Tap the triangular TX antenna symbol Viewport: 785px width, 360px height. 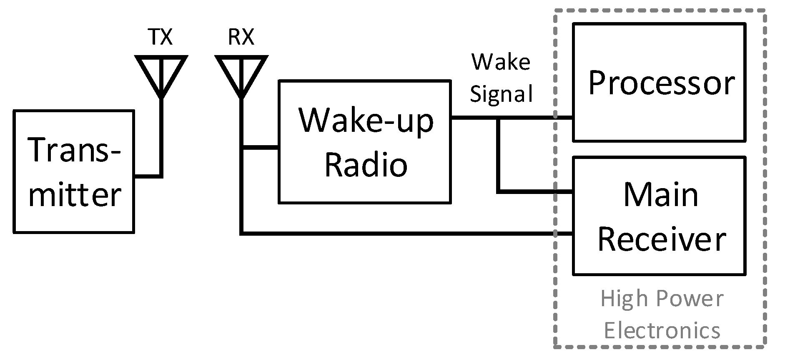pyautogui.click(x=161, y=71)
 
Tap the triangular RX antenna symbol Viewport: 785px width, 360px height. pyautogui.click(x=241, y=71)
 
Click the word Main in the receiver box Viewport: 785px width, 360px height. pyautogui.click(x=661, y=195)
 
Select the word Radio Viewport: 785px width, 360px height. pyautogui.click(x=366, y=165)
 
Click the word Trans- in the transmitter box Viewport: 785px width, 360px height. pyautogui.click(x=74, y=151)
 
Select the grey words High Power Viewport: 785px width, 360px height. pyautogui.click(x=662, y=299)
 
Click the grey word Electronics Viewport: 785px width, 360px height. pyautogui.click(x=662, y=331)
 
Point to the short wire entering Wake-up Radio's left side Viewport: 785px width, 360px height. pyautogui.click(x=261, y=147)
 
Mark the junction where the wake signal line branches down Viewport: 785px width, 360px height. pyautogui.click(x=498, y=118)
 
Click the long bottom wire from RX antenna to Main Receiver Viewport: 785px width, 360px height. pyautogui.click(x=396, y=233)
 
